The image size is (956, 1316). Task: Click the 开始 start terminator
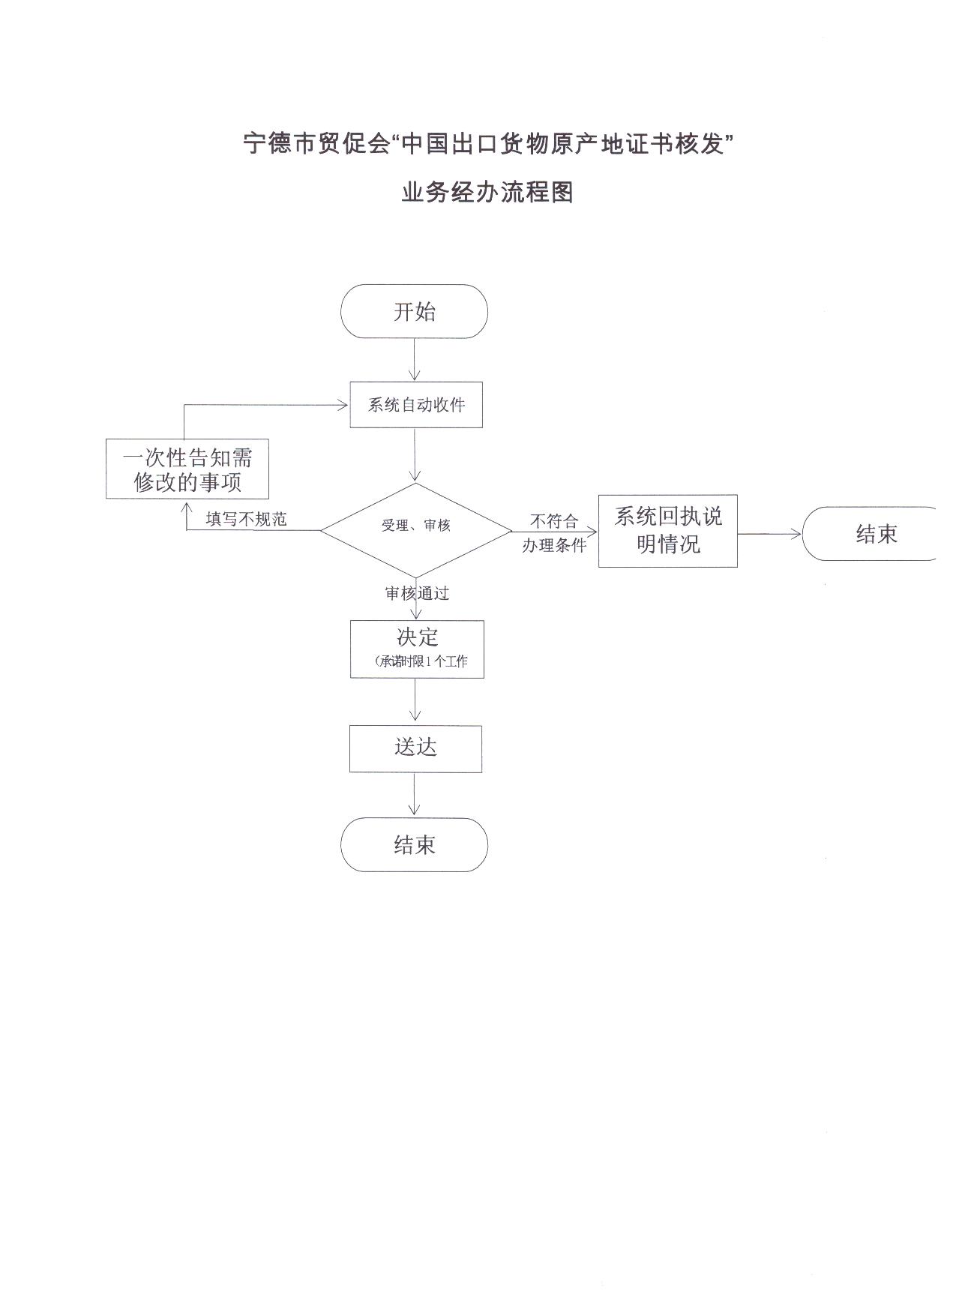pyautogui.click(x=414, y=311)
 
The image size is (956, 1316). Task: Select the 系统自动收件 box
pyautogui.click(x=416, y=405)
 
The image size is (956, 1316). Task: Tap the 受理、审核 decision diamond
pyautogui.click(x=416, y=529)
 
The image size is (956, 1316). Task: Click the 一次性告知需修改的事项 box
pyautogui.click(x=187, y=469)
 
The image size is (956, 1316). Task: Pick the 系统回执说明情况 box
pyautogui.click(x=668, y=531)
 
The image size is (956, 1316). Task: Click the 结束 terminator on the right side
pyautogui.click(x=870, y=533)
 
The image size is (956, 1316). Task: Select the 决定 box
pyautogui.click(x=417, y=649)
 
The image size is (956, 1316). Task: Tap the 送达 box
pyautogui.click(x=415, y=748)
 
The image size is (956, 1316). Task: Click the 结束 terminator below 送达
pyautogui.click(x=414, y=844)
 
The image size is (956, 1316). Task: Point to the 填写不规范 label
pyautogui.click(x=247, y=519)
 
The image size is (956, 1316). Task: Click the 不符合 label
pyautogui.click(x=554, y=520)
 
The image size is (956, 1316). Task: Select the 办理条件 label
pyautogui.click(x=554, y=545)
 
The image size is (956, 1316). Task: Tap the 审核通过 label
pyautogui.click(x=417, y=593)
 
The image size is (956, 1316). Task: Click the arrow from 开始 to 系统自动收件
pyautogui.click(x=414, y=360)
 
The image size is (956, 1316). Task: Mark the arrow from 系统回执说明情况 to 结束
pyautogui.click(x=770, y=534)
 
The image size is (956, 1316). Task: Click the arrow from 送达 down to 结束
pyautogui.click(x=414, y=795)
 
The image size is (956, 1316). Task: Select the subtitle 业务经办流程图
pyautogui.click(x=487, y=193)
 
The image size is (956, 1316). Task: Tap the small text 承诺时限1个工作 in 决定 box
pyautogui.click(x=421, y=661)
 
